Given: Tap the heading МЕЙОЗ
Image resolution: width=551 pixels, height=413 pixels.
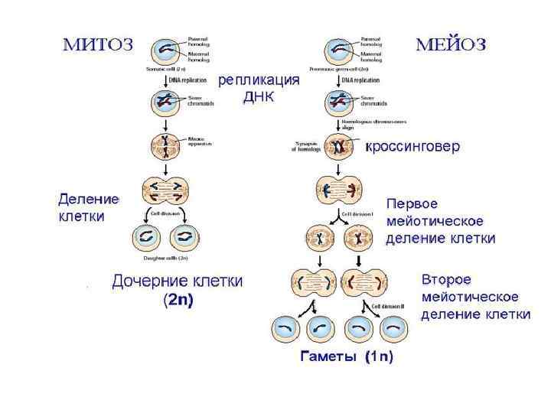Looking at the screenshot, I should (x=451, y=44).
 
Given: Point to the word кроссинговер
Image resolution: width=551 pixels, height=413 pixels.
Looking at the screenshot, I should (x=412, y=147).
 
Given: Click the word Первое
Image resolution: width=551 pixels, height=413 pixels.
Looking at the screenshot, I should (x=412, y=205).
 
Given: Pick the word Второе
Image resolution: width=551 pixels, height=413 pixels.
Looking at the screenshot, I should (x=446, y=279).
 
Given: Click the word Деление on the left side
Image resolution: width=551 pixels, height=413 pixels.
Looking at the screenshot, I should (x=88, y=200).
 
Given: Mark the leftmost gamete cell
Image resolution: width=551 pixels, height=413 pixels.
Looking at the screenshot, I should (x=286, y=329).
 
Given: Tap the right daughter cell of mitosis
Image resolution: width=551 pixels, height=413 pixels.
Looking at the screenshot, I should (x=184, y=238).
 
